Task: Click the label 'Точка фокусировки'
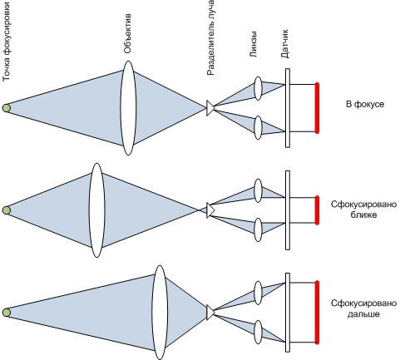[x=6, y=42]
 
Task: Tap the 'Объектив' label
[x=127, y=33]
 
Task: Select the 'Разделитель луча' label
[x=210, y=37]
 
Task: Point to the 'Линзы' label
[x=253, y=44]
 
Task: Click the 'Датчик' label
[x=284, y=44]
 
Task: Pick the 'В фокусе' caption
[x=365, y=104]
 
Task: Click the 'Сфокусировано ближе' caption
[x=363, y=210]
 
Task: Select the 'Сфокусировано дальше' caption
[x=363, y=308]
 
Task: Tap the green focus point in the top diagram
[x=7, y=108]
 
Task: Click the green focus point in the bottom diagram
[x=7, y=313]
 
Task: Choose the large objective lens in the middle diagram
[x=96, y=210]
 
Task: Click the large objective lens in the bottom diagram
[x=160, y=313]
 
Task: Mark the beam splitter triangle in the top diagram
[x=210, y=108]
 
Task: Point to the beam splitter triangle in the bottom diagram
[x=210, y=313]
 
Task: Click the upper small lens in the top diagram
[x=258, y=88]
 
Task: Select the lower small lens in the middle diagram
[x=258, y=229]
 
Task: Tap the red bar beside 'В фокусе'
[x=317, y=108]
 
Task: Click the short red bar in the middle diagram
[x=317, y=210]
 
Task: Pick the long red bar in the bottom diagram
[x=317, y=313]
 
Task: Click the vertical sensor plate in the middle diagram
[x=288, y=210]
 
